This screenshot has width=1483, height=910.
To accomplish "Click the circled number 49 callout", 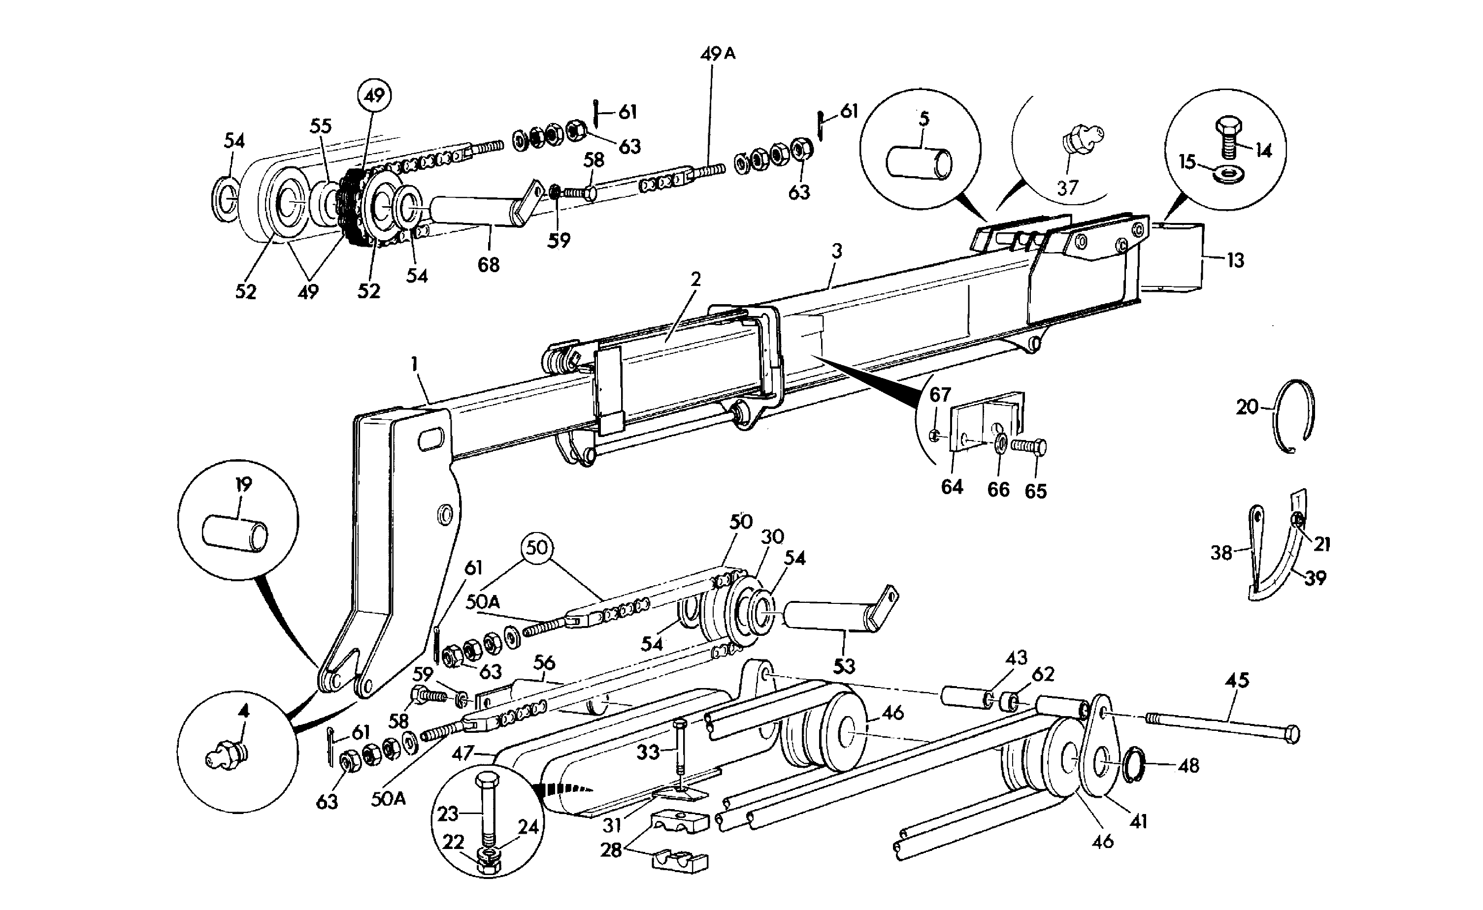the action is click(374, 95).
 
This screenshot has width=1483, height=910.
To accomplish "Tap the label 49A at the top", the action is click(718, 54).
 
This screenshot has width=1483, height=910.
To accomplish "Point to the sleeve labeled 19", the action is click(235, 533).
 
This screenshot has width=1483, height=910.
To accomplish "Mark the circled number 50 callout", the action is click(537, 547).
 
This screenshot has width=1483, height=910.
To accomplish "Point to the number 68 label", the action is click(488, 264).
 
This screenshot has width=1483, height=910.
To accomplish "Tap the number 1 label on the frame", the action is click(414, 364).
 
